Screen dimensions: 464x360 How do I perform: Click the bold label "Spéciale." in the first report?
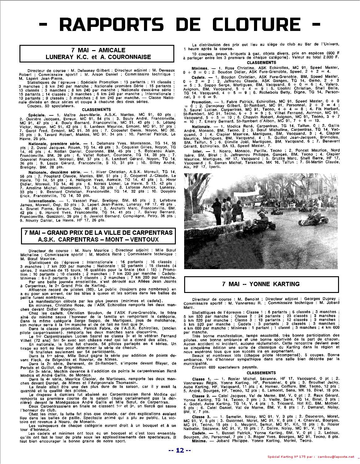pyautogui.click(x=37, y=114)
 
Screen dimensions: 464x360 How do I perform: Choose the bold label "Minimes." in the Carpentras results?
pyautogui.click(x=200, y=67)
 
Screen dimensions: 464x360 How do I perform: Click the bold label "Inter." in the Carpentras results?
pyautogui.click(x=198, y=151)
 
